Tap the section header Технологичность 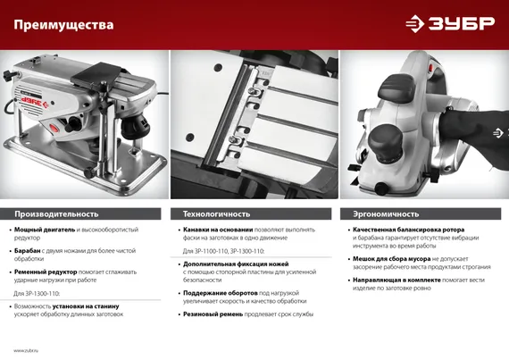pos(217,214)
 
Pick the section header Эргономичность pos(386,214)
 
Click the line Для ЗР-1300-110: pos(37,293)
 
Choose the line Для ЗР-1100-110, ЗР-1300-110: pos(216,251)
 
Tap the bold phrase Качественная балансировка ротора pos(408,230)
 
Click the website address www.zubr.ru pos(30,349)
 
